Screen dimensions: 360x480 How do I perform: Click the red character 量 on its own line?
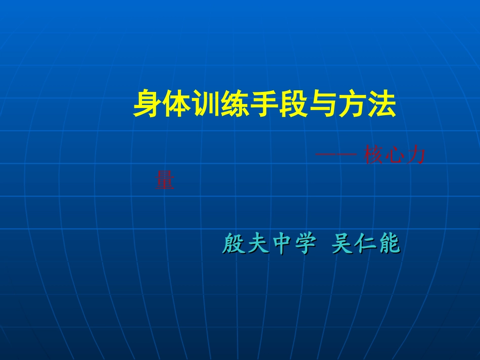(x=165, y=180)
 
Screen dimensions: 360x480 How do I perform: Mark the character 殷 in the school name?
(x=233, y=244)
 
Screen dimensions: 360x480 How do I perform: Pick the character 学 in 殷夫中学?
(x=305, y=244)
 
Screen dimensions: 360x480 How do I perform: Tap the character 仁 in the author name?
(x=365, y=244)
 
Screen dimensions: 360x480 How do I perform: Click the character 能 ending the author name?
(x=389, y=244)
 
